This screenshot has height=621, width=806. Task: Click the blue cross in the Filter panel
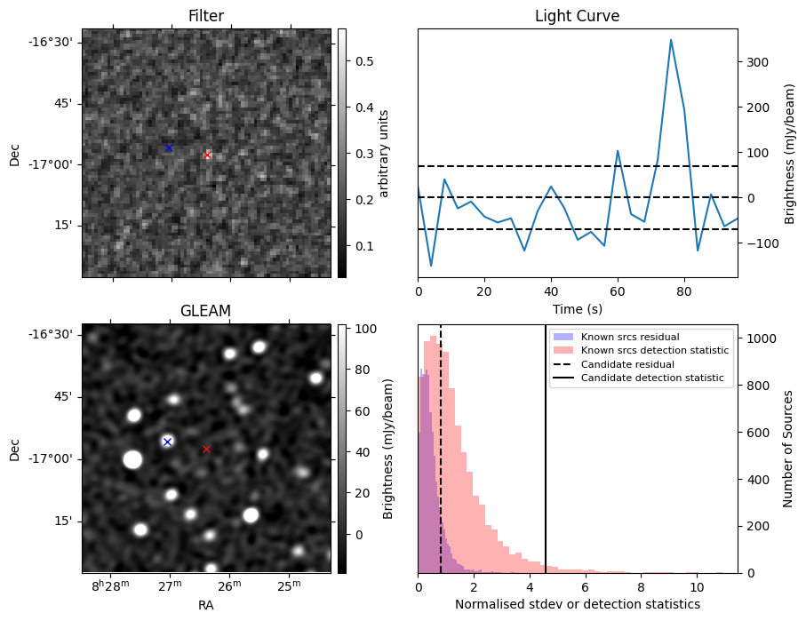(x=169, y=147)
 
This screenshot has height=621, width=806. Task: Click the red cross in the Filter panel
(x=208, y=155)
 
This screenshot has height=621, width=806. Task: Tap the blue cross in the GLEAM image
(x=167, y=442)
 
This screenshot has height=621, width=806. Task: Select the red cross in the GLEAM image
(x=206, y=449)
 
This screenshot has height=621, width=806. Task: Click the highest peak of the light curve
(x=671, y=40)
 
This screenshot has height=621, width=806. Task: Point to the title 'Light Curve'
(x=577, y=17)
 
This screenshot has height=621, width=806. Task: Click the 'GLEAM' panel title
(x=205, y=310)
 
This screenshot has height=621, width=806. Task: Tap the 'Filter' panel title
(x=205, y=17)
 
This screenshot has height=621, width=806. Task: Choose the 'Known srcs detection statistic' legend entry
(x=654, y=351)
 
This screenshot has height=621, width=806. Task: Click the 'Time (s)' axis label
(x=577, y=308)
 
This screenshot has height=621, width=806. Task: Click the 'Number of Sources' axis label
(x=789, y=449)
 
